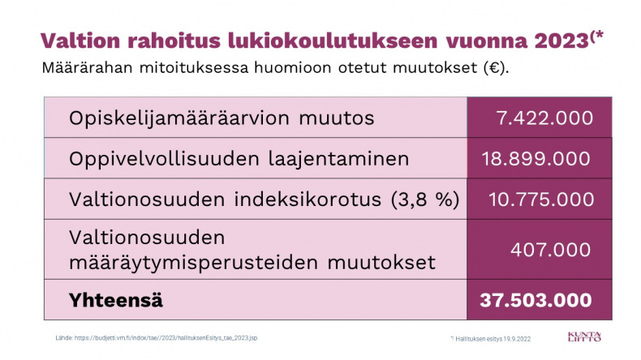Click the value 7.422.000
[544, 118]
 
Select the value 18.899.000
[536, 159]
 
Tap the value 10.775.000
[541, 199]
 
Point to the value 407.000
[551, 249]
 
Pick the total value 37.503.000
[536, 300]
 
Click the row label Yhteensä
[116, 299]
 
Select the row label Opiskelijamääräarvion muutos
[222, 118]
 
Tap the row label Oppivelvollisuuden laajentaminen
[239, 159]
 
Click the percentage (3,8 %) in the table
[425, 199]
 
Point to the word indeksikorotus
[308, 199]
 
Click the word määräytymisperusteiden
[193, 263]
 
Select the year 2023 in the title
[561, 41]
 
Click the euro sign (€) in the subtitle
[494, 67]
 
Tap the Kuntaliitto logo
[584, 336]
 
